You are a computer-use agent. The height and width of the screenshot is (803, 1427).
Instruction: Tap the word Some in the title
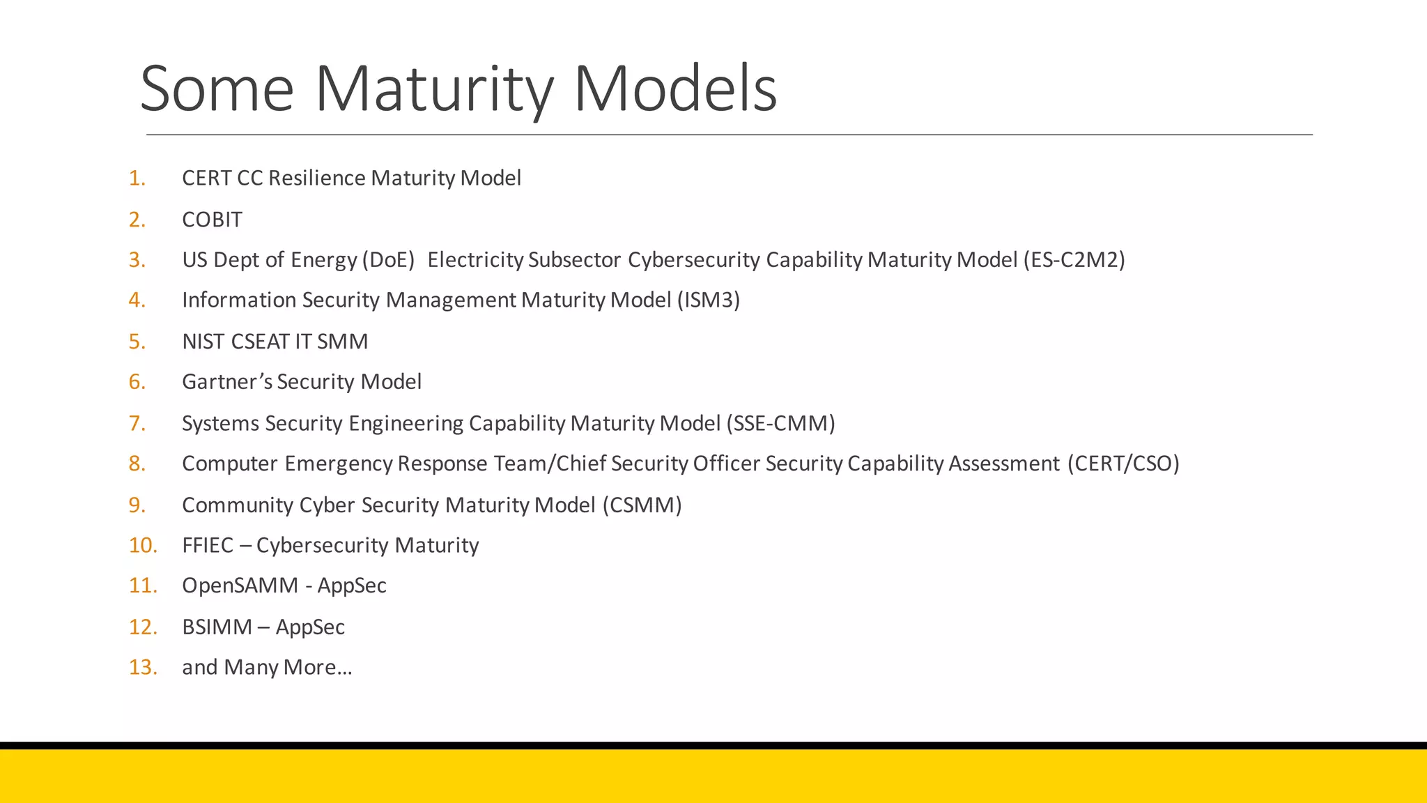(217, 89)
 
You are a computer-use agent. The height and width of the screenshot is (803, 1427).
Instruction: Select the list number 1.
(137, 178)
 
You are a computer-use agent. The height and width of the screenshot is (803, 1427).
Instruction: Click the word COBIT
(212, 220)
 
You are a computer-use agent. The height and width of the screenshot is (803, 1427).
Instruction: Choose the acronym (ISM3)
(708, 300)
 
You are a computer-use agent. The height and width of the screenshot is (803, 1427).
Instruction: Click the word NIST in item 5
(203, 342)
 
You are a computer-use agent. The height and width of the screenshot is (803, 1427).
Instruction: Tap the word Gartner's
(227, 382)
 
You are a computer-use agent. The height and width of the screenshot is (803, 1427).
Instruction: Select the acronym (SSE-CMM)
(780, 424)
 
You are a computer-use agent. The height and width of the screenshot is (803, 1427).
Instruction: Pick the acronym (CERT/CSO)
(1123, 464)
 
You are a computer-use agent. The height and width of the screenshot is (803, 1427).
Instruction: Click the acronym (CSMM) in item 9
(642, 505)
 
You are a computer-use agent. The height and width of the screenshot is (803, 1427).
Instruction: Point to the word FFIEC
(208, 545)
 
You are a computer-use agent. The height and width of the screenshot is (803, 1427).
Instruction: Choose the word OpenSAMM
(240, 586)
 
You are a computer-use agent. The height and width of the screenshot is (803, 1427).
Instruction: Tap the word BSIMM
(217, 627)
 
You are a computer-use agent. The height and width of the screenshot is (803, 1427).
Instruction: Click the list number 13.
(143, 668)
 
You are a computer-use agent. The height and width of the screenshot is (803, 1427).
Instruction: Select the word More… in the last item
(318, 668)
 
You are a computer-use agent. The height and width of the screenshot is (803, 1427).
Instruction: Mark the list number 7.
(137, 424)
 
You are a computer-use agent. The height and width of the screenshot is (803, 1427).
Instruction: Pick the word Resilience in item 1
(317, 178)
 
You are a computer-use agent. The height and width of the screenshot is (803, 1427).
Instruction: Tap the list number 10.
(143, 545)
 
